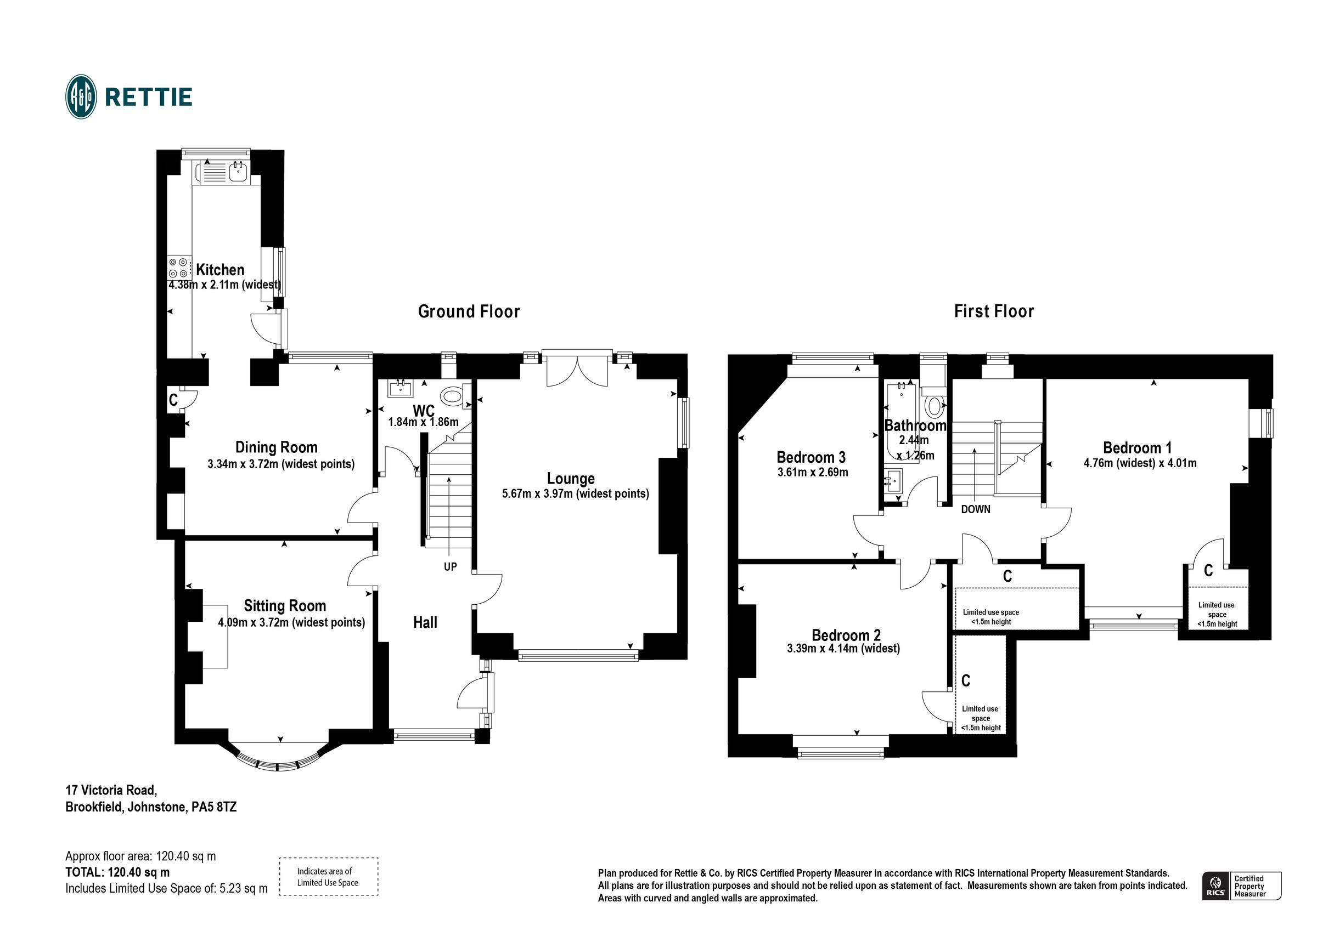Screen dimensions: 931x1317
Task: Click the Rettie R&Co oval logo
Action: pyautogui.click(x=81, y=97)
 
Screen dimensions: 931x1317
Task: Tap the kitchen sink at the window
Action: pyautogui.click(x=237, y=171)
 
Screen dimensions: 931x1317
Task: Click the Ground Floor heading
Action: pyautogui.click(x=469, y=311)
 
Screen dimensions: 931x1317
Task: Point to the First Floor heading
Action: pyautogui.click(x=993, y=311)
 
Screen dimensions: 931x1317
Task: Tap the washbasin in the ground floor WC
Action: pyautogui.click(x=401, y=389)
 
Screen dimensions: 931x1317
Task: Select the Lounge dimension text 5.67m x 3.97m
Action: pyautogui.click(x=575, y=493)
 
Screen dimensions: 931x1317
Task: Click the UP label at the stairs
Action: pyautogui.click(x=451, y=567)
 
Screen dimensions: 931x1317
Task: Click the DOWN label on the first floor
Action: pyautogui.click(x=975, y=509)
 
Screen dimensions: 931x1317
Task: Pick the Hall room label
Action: pyautogui.click(x=425, y=622)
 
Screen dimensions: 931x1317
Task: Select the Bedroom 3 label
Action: pyautogui.click(x=811, y=457)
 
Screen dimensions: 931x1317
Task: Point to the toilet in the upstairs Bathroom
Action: pyautogui.click(x=935, y=406)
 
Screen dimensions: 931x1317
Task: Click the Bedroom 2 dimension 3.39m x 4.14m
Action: pyautogui.click(x=843, y=649)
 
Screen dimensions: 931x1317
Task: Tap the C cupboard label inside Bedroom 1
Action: pyautogui.click(x=1208, y=570)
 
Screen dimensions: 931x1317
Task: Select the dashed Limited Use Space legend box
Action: pyautogui.click(x=328, y=877)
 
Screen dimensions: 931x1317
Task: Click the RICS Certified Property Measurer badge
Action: pyautogui.click(x=1241, y=885)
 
